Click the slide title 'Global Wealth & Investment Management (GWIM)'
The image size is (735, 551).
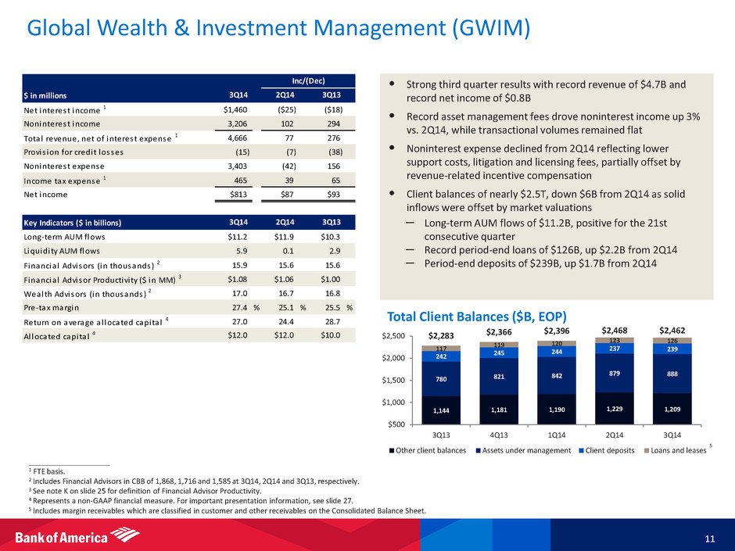tap(278, 29)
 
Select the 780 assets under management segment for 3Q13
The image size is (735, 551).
tap(442, 379)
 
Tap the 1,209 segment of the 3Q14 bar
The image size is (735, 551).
tap(672, 408)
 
